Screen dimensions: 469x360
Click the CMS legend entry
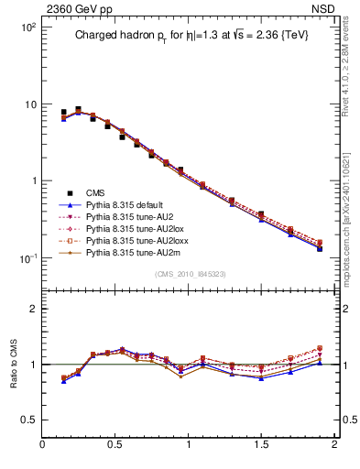[94, 193]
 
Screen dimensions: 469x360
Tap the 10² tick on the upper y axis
[29, 27]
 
